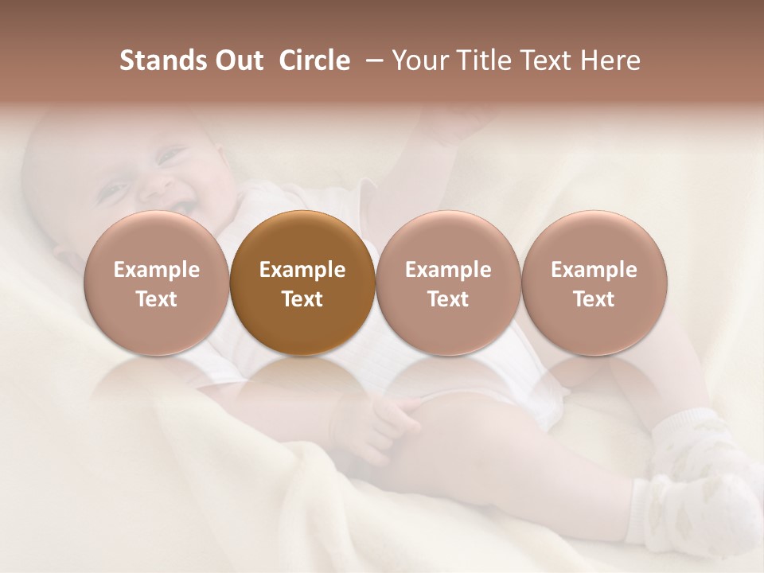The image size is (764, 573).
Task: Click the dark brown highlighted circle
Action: [302, 283]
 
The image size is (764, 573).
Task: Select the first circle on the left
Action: [156, 283]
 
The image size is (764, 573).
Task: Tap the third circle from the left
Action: [448, 283]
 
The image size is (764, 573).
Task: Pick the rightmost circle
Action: [594, 283]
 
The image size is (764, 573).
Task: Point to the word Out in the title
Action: [237, 60]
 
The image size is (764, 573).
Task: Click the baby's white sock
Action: [700, 485]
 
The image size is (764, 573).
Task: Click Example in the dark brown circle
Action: [302, 270]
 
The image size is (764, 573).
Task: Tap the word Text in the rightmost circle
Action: [594, 299]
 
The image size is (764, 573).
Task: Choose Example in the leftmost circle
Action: [156, 270]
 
